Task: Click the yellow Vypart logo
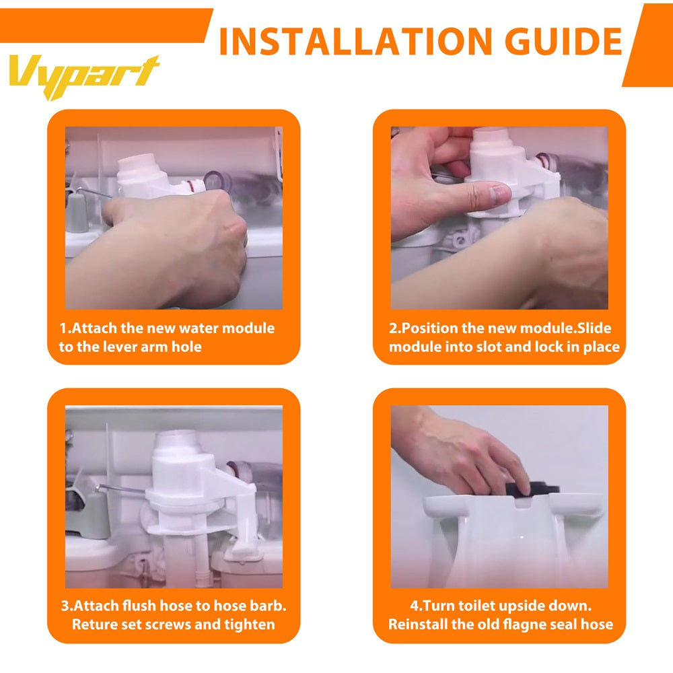point(84,75)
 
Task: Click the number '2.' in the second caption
point(394,328)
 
